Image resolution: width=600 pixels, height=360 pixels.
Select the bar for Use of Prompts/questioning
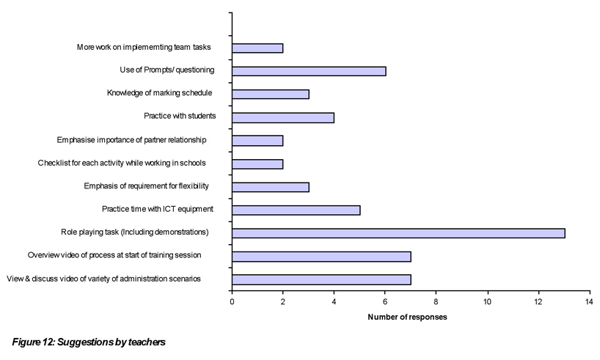tap(309, 71)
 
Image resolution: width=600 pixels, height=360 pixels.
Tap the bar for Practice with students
tap(283, 117)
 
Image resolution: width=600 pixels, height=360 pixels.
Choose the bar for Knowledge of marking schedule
tap(271, 94)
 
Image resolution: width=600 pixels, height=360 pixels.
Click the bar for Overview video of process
tap(321, 256)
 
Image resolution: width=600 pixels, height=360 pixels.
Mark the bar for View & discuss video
tap(321, 279)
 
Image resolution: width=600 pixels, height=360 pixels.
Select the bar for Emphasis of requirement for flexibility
tap(271, 186)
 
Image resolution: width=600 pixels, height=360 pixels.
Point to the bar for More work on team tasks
tap(257, 48)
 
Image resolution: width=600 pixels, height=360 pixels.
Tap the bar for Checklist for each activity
tap(257, 164)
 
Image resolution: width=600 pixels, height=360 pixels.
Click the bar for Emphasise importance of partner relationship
tap(257, 140)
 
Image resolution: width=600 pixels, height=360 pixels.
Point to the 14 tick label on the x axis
tap(589, 301)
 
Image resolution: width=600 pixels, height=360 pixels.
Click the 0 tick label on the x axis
tap(232, 301)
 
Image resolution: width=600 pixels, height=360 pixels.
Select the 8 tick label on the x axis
tap(436, 301)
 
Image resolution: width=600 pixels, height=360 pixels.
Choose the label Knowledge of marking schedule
tap(160, 93)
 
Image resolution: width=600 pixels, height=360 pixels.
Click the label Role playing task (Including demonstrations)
tap(135, 232)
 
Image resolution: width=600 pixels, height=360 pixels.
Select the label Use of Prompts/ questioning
tap(167, 70)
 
